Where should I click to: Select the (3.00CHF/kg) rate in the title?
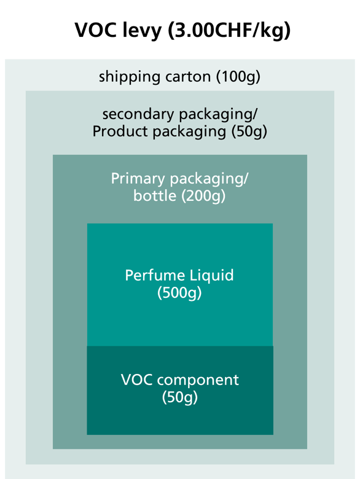[229, 31]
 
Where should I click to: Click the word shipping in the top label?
[130, 77]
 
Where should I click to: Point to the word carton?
[188, 77]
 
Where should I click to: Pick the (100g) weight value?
[238, 77]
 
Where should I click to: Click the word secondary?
[138, 114]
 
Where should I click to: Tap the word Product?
[120, 131]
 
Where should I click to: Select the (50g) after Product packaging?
[249, 131]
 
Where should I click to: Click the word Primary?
[138, 179]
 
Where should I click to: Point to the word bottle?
[155, 196]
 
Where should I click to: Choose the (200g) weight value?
[203, 196]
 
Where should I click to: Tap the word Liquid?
[211, 276]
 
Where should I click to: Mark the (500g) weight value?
[180, 293]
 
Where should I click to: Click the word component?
[198, 380]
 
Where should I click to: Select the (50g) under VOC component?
[180, 397]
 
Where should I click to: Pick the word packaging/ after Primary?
[209, 179]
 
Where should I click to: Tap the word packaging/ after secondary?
[218, 115]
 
